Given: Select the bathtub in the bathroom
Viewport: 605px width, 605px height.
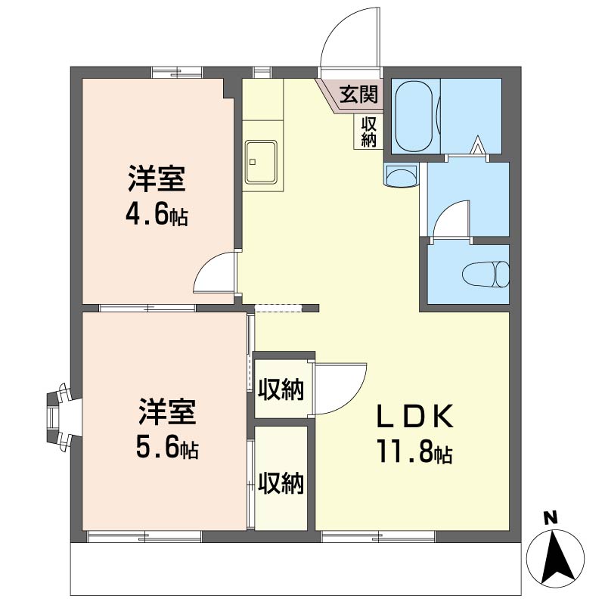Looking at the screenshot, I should pyautogui.click(x=414, y=116).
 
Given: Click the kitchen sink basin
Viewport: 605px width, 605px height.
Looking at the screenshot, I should pyautogui.click(x=262, y=162).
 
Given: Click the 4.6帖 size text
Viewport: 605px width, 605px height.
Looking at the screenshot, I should pyautogui.click(x=157, y=216).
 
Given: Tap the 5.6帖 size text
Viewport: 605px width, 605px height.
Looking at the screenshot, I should pyautogui.click(x=168, y=448).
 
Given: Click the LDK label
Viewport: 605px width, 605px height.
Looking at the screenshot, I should pyautogui.click(x=414, y=416).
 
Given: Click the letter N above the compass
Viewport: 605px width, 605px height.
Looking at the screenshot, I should pyautogui.click(x=551, y=518).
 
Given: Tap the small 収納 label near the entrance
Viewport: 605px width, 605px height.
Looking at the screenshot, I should pyautogui.click(x=369, y=132).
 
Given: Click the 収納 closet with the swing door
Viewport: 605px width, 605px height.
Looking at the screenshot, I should pyautogui.click(x=281, y=389).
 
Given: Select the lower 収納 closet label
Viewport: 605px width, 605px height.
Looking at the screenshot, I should pyautogui.click(x=281, y=482).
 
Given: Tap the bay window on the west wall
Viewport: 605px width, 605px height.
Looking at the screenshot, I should pyautogui.click(x=60, y=416).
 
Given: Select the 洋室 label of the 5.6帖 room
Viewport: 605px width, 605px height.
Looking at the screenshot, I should pyautogui.click(x=167, y=413).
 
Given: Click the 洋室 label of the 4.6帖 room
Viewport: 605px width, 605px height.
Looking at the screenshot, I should pyautogui.click(x=157, y=181).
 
